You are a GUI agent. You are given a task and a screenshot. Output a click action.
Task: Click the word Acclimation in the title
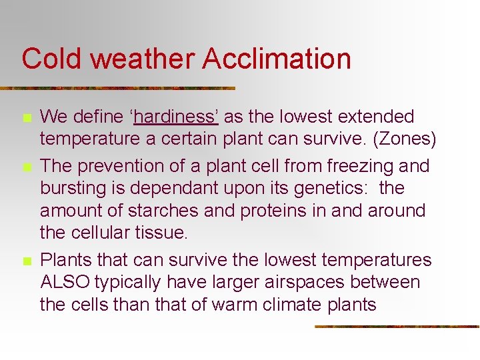tap(277, 59)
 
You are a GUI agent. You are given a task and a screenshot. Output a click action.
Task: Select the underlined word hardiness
tap(176, 117)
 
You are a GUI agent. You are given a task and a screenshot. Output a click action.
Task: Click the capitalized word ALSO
tap(65, 283)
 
